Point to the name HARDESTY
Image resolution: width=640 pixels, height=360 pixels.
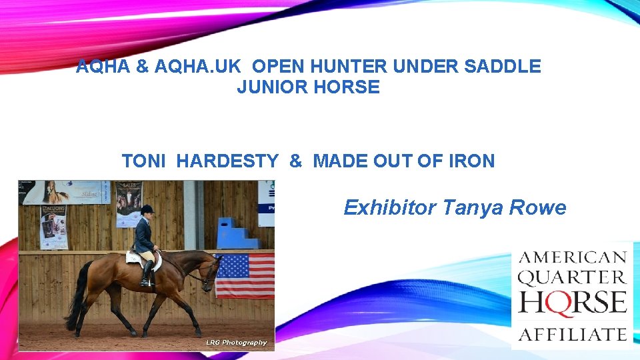[x=227, y=161]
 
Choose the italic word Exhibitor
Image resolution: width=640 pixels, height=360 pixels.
[x=389, y=208]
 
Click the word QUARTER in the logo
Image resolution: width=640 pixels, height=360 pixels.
[x=572, y=277]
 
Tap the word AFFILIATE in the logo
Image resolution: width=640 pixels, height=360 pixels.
[x=572, y=333]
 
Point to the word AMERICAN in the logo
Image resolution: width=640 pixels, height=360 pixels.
[x=572, y=257]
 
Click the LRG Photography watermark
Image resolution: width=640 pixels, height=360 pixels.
[x=236, y=343]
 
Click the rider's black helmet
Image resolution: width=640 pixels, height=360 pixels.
[x=147, y=209]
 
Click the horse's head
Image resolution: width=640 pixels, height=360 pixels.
[x=211, y=273]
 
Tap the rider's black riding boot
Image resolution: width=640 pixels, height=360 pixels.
[x=147, y=273]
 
